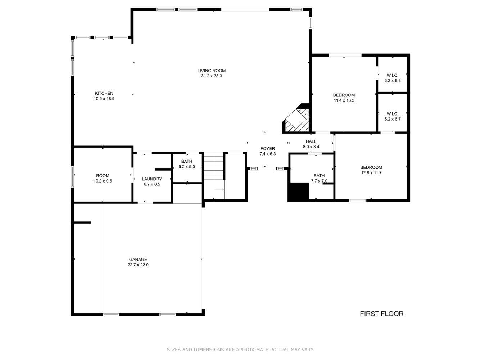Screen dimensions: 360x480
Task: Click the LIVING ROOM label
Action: [x=211, y=71]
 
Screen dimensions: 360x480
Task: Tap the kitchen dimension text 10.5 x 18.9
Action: [x=104, y=98]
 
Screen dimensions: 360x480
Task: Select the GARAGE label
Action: [x=138, y=259]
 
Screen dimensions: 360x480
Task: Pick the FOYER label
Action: [x=267, y=148]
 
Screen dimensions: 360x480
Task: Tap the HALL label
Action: [x=311, y=141]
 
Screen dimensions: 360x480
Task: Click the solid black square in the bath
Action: [x=299, y=192]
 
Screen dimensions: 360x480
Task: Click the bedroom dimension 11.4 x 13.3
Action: [x=344, y=100]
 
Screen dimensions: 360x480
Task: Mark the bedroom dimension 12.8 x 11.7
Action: [x=371, y=172]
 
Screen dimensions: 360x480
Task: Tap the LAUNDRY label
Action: [x=151, y=179]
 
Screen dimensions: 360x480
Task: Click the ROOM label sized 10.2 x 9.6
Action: [x=103, y=176]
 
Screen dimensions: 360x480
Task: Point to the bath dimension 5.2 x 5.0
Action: [x=186, y=167]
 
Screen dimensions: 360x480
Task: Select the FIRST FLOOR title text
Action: [x=381, y=314]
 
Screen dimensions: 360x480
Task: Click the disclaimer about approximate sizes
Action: [x=240, y=350]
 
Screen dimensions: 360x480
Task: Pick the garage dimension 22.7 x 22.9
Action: [x=138, y=265]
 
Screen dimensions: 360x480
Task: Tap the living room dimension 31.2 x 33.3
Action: [x=211, y=76]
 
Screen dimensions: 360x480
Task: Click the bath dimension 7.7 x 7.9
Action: [x=319, y=181]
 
